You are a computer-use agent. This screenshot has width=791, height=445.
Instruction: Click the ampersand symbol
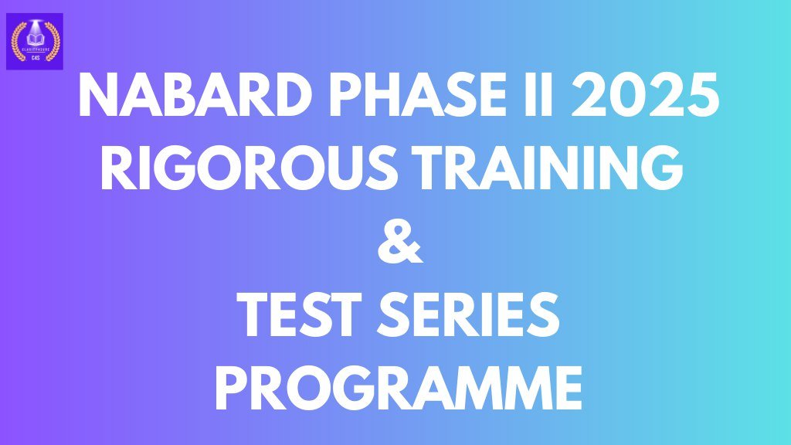click(x=396, y=243)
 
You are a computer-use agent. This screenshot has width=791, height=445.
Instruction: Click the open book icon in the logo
click(x=34, y=38)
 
